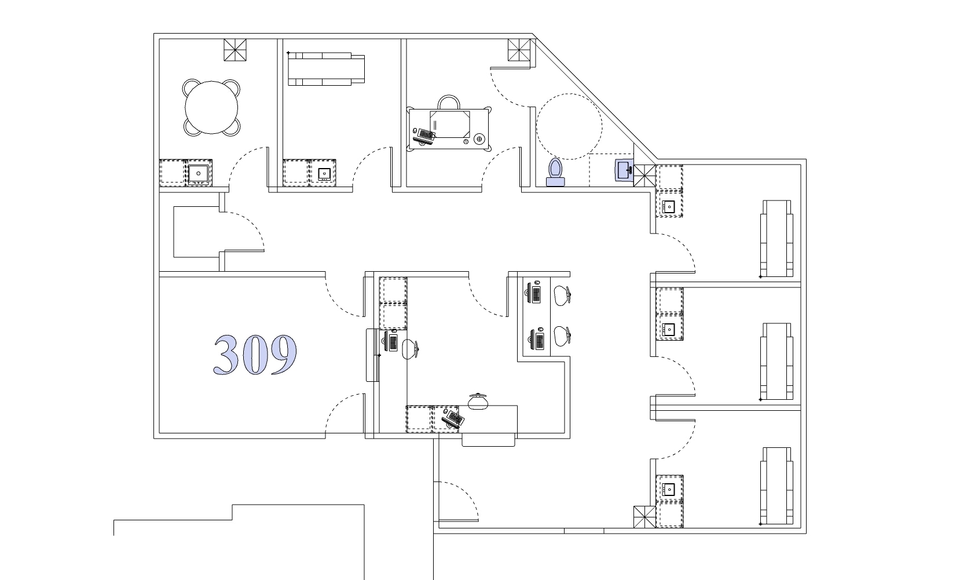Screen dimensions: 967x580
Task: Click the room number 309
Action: (x=255, y=355)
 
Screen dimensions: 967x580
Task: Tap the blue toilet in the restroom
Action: (x=555, y=172)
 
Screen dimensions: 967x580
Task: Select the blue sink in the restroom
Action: (x=624, y=170)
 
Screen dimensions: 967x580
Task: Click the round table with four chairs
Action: (x=211, y=108)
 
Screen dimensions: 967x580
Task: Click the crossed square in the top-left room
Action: (x=235, y=50)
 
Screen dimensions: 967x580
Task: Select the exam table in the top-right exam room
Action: (x=776, y=238)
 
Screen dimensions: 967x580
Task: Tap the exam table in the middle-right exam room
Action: (x=776, y=362)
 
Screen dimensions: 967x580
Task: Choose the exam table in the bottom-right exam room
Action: (x=776, y=486)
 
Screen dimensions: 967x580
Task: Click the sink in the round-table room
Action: (x=199, y=173)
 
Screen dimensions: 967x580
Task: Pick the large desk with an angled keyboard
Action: (x=449, y=129)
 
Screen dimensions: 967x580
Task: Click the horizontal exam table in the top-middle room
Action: (x=327, y=69)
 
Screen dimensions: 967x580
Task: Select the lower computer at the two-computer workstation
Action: (x=537, y=340)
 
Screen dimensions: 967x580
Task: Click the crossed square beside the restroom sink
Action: (x=644, y=176)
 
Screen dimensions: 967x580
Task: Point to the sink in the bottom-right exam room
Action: (x=669, y=489)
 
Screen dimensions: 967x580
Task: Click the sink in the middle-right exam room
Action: (x=669, y=330)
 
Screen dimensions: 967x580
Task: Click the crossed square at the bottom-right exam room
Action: (x=644, y=517)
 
